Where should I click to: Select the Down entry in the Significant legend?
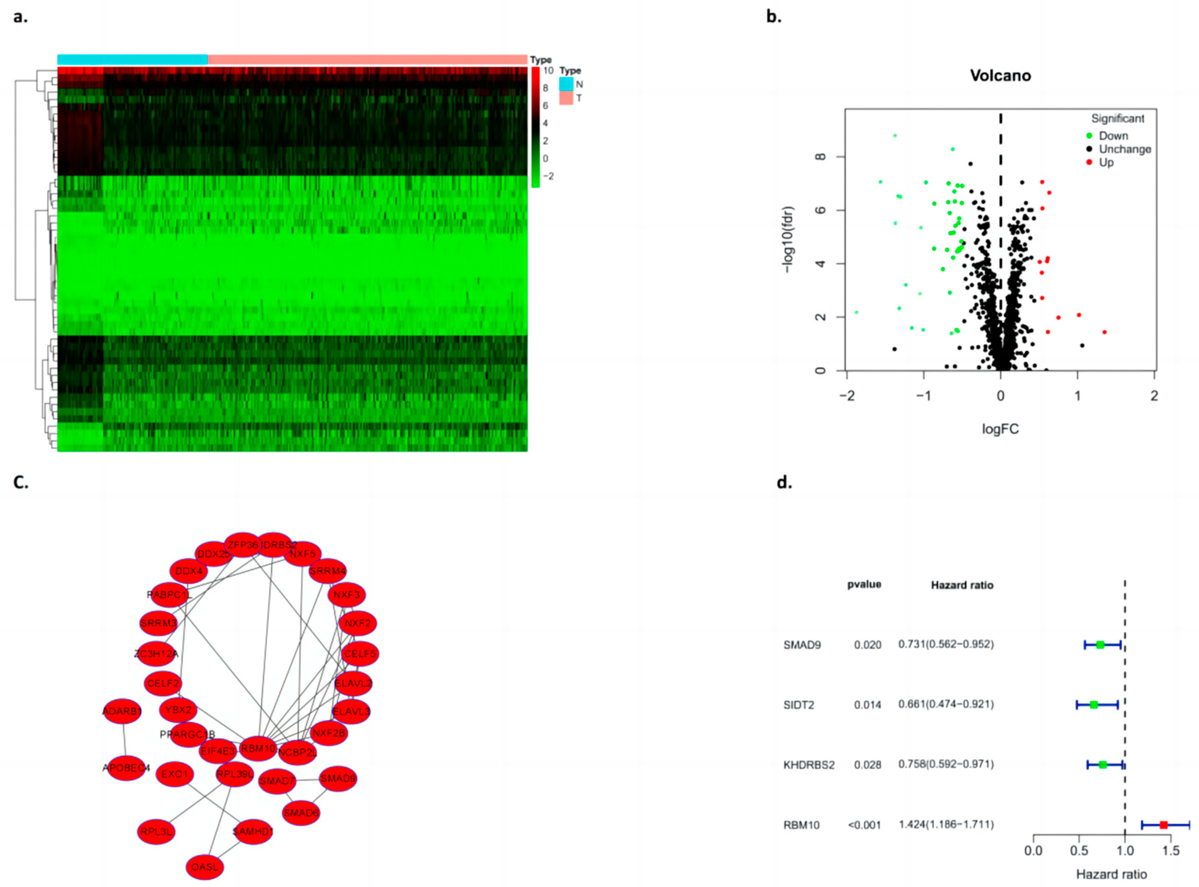(x=1113, y=136)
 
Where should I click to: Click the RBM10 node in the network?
(x=258, y=748)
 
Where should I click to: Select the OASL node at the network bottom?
(x=205, y=867)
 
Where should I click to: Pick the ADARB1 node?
(x=122, y=711)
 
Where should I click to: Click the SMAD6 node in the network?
(x=301, y=813)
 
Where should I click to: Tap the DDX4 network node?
(x=188, y=571)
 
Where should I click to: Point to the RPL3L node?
(x=156, y=832)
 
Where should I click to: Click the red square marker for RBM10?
(x=1163, y=825)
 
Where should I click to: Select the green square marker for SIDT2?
(x=1094, y=705)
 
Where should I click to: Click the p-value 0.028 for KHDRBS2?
(x=867, y=765)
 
